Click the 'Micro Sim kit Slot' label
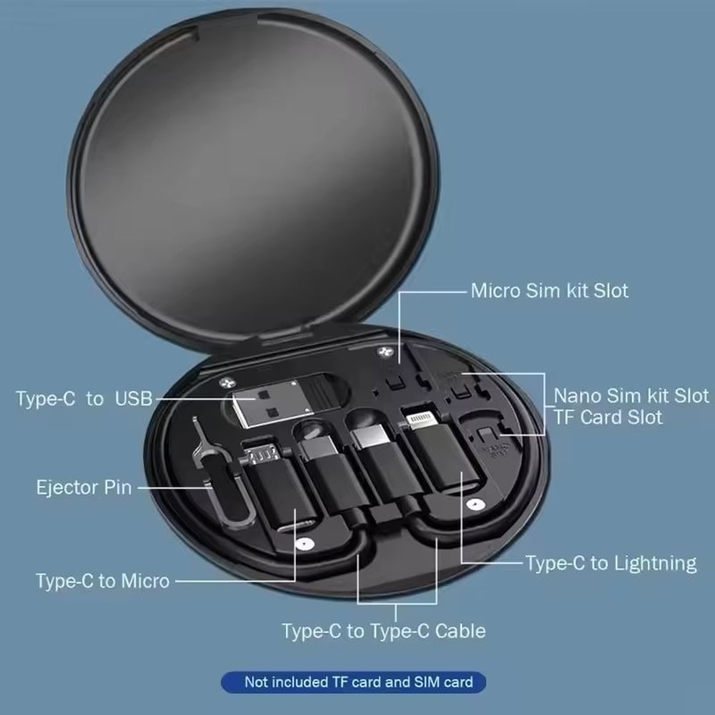pos(549,291)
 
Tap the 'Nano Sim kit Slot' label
pos(631,395)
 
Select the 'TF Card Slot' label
pos(608,417)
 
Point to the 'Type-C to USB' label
pos(84,398)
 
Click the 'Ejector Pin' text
pos(84,488)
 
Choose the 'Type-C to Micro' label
pos(103,581)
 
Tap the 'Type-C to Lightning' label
pos(611,563)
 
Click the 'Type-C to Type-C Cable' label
pos(383,631)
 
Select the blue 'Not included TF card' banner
pos(353,681)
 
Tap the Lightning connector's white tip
pos(420,418)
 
